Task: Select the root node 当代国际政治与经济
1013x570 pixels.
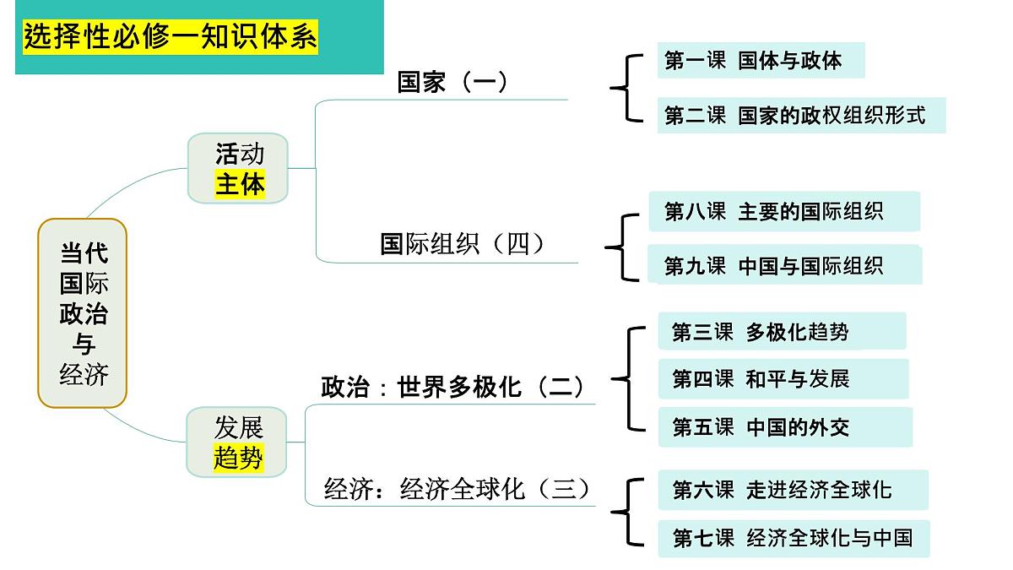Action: (x=83, y=313)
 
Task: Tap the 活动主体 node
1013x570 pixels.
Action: (x=239, y=168)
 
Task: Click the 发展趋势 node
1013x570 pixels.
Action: (x=238, y=442)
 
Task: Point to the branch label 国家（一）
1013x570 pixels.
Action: (x=453, y=82)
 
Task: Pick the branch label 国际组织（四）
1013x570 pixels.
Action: (x=463, y=244)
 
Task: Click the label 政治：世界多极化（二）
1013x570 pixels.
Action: (x=453, y=387)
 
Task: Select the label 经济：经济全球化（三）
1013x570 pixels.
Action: (x=457, y=489)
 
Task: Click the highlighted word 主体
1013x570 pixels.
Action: (x=240, y=184)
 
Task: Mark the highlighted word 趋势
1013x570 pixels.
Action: (x=238, y=458)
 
